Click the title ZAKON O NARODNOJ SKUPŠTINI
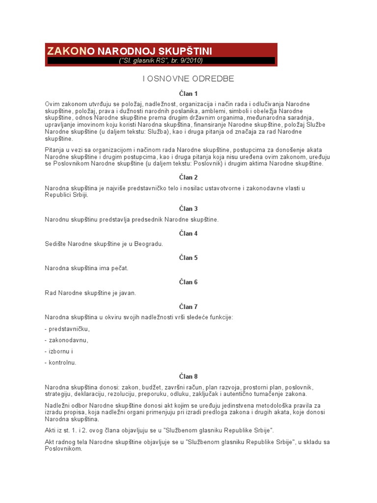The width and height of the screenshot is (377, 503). (130, 51)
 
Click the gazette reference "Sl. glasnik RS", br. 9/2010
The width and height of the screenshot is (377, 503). (161, 60)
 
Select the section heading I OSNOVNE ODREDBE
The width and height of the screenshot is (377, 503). (188, 79)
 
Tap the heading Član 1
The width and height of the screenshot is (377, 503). (188, 93)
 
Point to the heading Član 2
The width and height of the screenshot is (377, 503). (188, 177)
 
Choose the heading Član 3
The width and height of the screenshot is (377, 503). (188, 209)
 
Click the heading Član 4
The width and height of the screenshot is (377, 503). (188, 233)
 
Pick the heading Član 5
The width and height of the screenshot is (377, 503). (188, 257)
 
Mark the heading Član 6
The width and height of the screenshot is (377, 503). (188, 282)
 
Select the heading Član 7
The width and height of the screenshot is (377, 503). (188, 307)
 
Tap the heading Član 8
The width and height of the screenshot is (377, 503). (188, 376)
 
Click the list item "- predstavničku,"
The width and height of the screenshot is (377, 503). (67, 329)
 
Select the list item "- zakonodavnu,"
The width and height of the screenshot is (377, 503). (66, 340)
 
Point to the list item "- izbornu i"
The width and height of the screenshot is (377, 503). (59, 351)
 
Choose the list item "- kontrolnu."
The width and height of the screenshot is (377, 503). (60, 363)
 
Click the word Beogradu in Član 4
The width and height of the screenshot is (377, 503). (148, 244)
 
